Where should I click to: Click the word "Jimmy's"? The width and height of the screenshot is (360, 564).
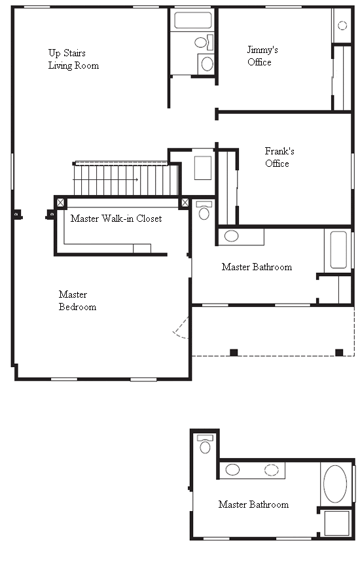(x=262, y=50)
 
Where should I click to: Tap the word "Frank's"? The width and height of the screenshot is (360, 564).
(x=279, y=151)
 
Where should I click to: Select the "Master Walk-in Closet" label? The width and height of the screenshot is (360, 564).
(x=116, y=219)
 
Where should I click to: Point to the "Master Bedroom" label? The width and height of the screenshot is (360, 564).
(x=77, y=301)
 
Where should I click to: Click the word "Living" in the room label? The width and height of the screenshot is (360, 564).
(x=60, y=65)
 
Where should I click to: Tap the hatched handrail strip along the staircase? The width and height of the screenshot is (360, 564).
(x=121, y=163)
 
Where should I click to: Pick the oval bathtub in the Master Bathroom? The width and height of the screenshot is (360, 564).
(x=335, y=484)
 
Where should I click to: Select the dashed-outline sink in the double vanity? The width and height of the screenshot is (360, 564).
(x=272, y=470)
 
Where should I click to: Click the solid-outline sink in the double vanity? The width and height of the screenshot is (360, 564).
(x=232, y=470)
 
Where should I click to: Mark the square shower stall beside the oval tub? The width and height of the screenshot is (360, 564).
(x=336, y=523)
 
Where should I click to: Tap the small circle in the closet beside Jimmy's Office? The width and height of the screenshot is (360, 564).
(x=342, y=26)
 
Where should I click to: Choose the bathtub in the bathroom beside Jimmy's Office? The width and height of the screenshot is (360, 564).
(x=192, y=20)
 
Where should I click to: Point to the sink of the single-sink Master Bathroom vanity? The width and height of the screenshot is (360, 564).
(x=231, y=236)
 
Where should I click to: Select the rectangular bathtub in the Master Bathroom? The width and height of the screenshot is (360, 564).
(x=338, y=250)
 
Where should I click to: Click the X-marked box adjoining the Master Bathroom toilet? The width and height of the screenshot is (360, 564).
(x=185, y=203)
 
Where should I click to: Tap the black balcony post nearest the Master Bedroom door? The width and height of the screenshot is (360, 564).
(x=234, y=353)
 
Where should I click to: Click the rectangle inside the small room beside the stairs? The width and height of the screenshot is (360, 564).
(x=203, y=168)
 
